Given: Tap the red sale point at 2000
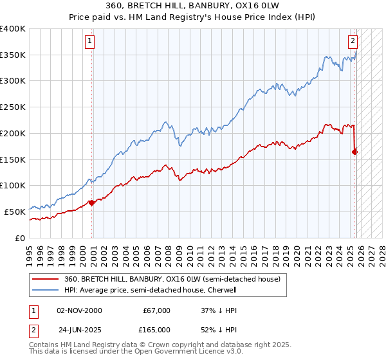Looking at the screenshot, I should click(91, 203).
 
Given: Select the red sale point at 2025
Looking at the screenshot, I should click(355, 152).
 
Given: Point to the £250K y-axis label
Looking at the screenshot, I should click(13, 107).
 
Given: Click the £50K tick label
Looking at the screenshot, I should click(15, 212).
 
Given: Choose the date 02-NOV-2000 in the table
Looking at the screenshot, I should click(79, 310).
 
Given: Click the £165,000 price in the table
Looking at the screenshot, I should click(156, 329).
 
